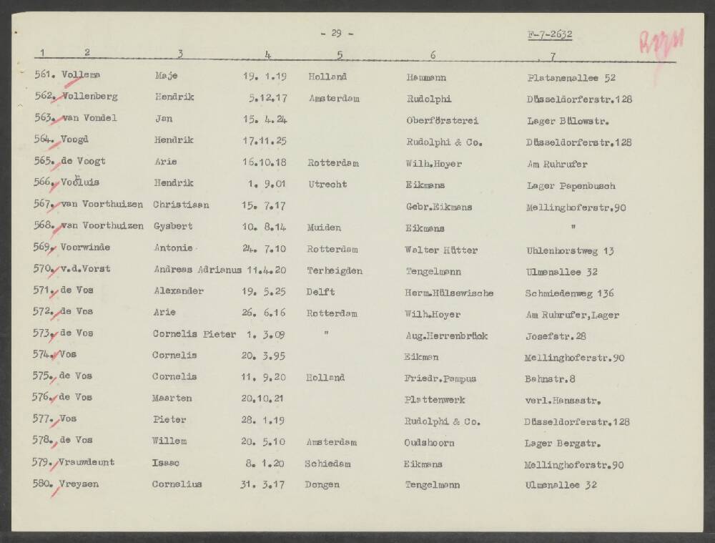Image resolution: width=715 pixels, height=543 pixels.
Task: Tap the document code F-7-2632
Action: [x=549, y=34]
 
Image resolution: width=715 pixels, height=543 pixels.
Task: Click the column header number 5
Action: [x=340, y=54]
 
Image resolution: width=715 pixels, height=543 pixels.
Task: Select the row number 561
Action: [x=46, y=76]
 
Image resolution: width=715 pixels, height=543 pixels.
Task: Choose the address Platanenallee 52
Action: [x=571, y=77]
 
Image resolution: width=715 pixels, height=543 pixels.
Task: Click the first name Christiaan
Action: [x=181, y=205]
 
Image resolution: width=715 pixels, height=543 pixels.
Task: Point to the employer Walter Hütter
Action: [x=441, y=250]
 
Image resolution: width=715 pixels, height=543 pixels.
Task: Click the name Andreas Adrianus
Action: [x=197, y=270]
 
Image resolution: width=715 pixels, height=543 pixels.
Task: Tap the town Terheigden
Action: [x=335, y=271]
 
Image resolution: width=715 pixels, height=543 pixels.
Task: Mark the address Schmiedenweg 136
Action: [x=570, y=293]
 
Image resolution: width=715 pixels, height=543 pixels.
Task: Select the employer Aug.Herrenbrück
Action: [x=446, y=336]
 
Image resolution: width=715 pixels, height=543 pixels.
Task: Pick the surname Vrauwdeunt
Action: [x=87, y=463]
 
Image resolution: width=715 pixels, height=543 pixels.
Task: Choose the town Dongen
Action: [x=322, y=484]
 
